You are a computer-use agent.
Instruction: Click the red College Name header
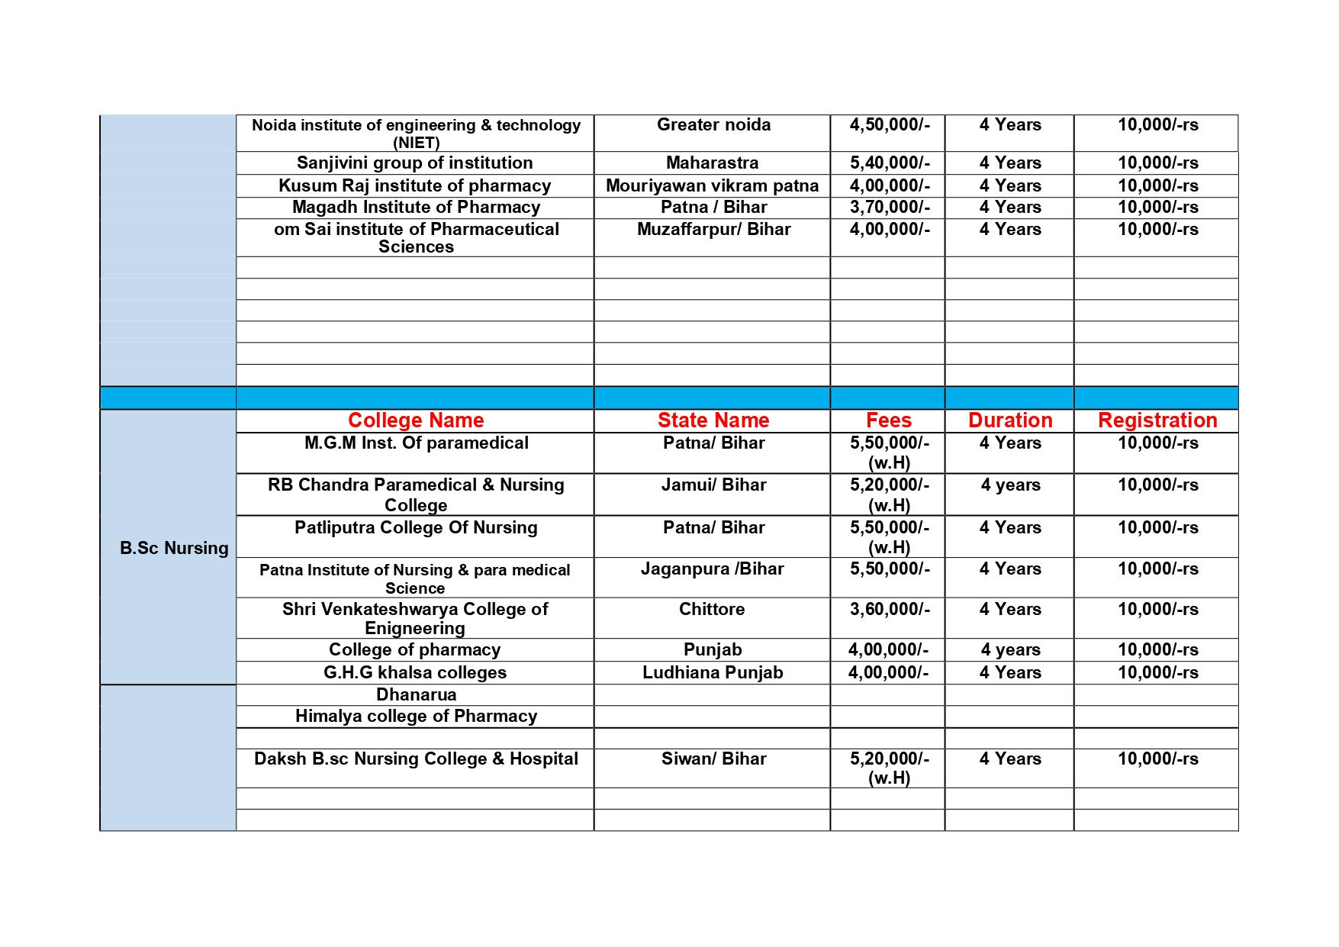click(416, 420)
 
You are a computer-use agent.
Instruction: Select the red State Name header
click(713, 420)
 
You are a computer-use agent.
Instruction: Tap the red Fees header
click(889, 420)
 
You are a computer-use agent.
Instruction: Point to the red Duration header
click(1010, 420)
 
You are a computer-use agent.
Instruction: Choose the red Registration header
click(1157, 420)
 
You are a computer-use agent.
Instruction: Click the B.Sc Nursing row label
click(174, 548)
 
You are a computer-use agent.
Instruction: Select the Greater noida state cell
click(713, 125)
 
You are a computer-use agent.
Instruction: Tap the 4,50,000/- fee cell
click(890, 125)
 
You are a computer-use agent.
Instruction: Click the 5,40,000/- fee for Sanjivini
click(890, 163)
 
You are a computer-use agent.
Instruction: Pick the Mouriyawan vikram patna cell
click(712, 186)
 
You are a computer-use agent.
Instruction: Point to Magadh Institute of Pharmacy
click(416, 208)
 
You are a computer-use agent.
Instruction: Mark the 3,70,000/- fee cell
click(890, 208)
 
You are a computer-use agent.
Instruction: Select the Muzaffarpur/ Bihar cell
click(713, 230)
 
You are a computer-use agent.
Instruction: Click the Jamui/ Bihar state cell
click(713, 485)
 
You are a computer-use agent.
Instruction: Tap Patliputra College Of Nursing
click(416, 528)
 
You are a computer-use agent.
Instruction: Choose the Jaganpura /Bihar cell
click(712, 569)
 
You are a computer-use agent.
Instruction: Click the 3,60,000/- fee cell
click(890, 610)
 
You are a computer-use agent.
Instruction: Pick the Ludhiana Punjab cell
click(713, 673)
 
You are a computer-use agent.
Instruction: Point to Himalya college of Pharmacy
click(416, 717)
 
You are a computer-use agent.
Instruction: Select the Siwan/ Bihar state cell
click(713, 759)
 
